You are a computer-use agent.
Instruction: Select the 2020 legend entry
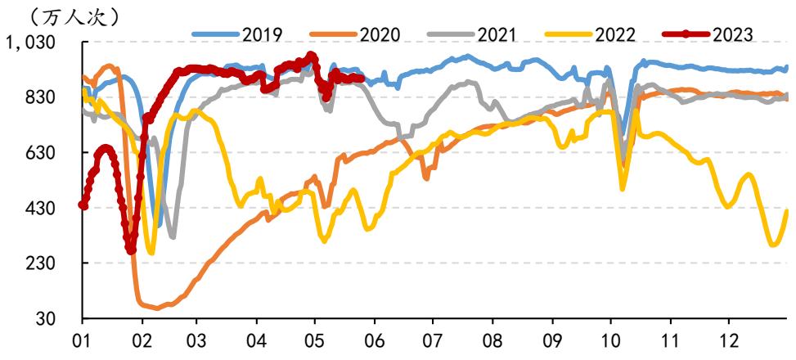pyautogui.click(x=354, y=34)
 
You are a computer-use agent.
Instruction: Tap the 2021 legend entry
pyautogui.click(x=471, y=34)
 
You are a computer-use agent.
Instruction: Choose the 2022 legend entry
pyautogui.click(x=590, y=34)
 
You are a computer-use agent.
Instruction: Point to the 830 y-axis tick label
pyautogui.click(x=57, y=97)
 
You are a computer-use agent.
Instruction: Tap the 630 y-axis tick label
pyautogui.click(x=57, y=153)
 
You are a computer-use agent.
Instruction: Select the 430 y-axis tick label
pyautogui.click(x=57, y=208)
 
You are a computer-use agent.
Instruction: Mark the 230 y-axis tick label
pyautogui.click(x=57, y=263)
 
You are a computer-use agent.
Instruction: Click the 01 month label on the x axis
pyautogui.click(x=83, y=339)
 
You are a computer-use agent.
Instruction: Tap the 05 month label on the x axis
pyautogui.click(x=316, y=339)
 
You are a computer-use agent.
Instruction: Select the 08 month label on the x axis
pyautogui.click(x=492, y=339)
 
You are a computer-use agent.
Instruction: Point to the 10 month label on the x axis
pyautogui.click(x=611, y=339)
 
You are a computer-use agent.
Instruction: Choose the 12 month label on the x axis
pyautogui.click(x=729, y=339)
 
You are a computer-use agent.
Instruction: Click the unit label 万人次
pyautogui.click(x=74, y=18)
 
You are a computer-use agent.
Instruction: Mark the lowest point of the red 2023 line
pyautogui.click(x=131, y=250)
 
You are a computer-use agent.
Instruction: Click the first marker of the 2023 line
pyautogui.click(x=83, y=205)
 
